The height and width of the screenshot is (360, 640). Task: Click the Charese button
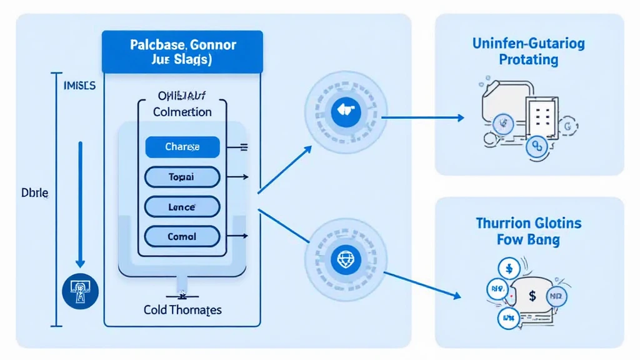[x=182, y=147]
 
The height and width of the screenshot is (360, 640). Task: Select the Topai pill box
[x=182, y=177]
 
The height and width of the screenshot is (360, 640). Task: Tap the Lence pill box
[x=182, y=207]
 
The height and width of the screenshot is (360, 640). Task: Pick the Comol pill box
[x=182, y=236]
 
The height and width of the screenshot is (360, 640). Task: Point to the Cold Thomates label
[x=182, y=310]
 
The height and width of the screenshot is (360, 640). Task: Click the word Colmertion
[x=182, y=112]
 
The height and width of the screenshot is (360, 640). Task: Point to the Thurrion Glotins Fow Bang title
[x=529, y=231]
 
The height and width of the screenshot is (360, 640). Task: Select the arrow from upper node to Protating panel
[x=422, y=117]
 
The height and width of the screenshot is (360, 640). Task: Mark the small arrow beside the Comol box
[x=242, y=236]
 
